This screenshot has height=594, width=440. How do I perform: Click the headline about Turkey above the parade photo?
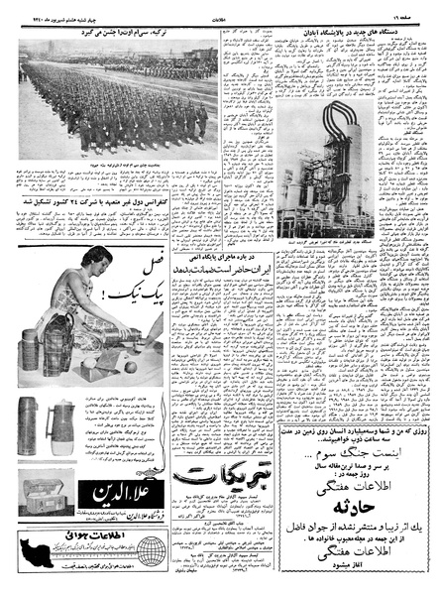pyautogui.click(x=111, y=31)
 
